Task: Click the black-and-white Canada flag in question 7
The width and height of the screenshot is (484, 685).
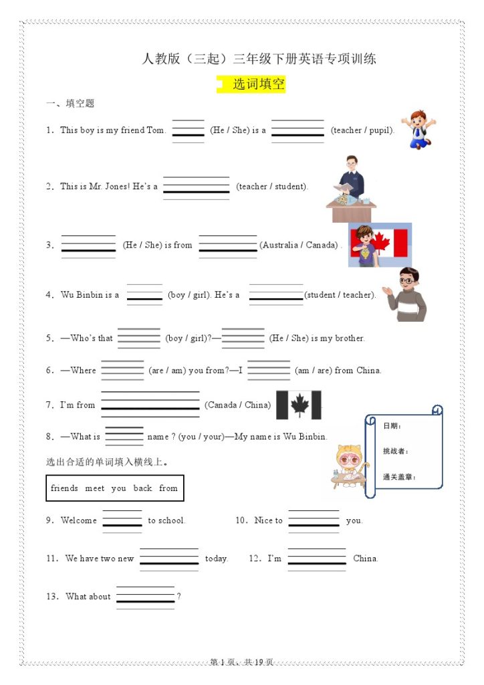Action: [x=298, y=405]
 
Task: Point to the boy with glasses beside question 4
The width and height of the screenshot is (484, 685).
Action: [x=408, y=294]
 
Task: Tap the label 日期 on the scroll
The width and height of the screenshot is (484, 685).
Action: [x=392, y=426]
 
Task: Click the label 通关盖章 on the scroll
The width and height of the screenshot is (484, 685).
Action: [x=399, y=477]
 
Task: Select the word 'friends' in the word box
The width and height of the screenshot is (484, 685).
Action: [x=64, y=488]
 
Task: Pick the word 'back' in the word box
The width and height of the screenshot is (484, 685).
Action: [x=142, y=488]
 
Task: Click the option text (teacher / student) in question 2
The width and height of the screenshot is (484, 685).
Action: [x=272, y=187]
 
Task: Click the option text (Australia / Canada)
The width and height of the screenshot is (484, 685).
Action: [x=299, y=245]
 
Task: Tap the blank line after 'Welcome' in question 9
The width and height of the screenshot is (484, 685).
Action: [x=122, y=520]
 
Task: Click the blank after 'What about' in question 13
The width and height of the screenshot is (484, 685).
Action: [x=145, y=597]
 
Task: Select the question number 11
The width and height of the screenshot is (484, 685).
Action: [x=52, y=559]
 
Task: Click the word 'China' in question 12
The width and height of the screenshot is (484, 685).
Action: [x=365, y=559]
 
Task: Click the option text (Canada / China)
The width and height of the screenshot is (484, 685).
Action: [x=238, y=405]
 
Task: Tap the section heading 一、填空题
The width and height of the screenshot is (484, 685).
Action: [x=70, y=104]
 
